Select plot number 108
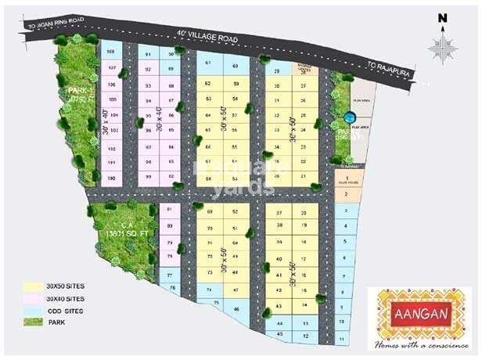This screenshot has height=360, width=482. [x=111, y=52]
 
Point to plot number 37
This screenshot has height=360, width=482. [x=279, y=212]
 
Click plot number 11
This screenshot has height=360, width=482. [x=343, y=338]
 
